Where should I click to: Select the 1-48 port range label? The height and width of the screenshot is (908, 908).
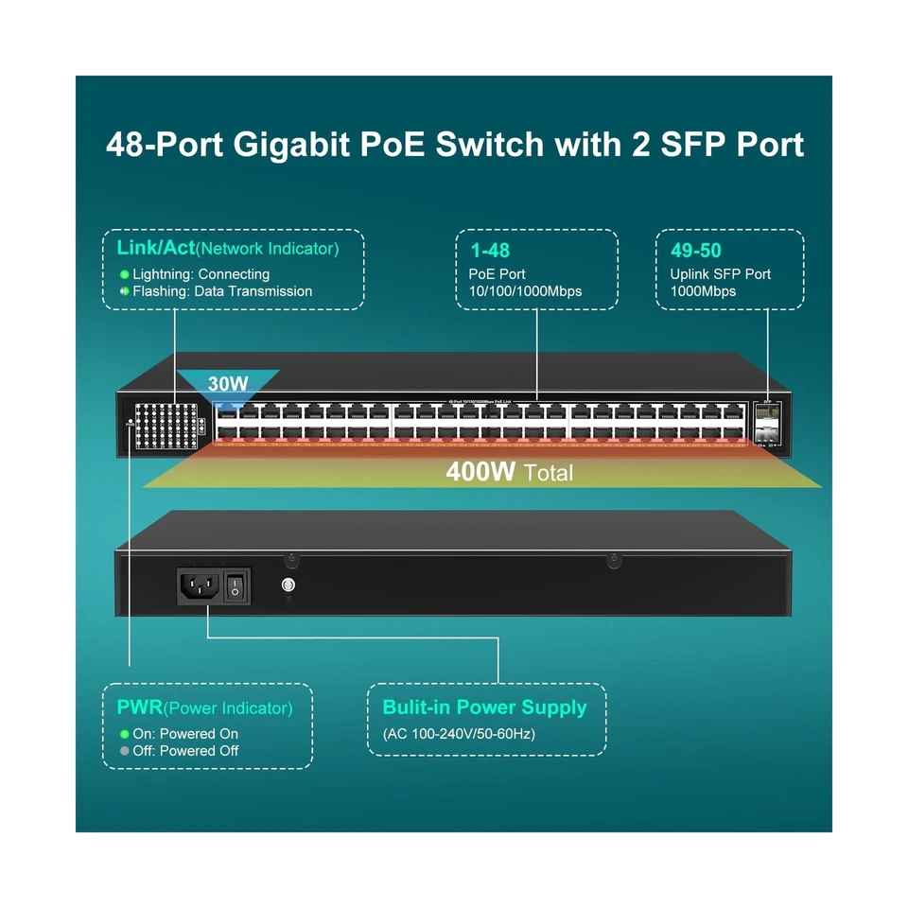[490, 252]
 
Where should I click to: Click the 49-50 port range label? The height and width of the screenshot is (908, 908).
[695, 252]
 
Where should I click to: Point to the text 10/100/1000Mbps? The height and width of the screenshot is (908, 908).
[526, 291]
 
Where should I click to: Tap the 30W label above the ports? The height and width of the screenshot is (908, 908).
[228, 384]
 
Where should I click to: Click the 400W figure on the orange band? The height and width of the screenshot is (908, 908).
[480, 471]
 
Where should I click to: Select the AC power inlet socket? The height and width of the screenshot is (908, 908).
[200, 586]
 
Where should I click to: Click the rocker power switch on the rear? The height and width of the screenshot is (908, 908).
[236, 586]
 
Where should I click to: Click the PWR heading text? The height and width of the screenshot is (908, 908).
[139, 707]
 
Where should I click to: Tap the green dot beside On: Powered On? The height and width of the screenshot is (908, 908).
[124, 734]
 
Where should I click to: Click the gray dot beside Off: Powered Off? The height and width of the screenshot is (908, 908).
[124, 751]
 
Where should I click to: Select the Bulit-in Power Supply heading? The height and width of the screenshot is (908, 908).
[484, 707]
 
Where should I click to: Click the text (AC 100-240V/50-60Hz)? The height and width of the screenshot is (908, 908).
[459, 734]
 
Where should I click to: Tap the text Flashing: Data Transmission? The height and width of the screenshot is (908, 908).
[222, 291]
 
